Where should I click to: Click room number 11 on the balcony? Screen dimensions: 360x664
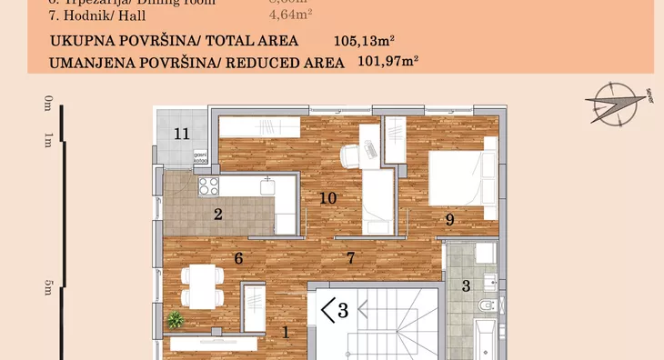182,135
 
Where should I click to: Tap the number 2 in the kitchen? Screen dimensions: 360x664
218,215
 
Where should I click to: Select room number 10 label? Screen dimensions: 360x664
328,197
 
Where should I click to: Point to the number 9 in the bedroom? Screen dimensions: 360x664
449,219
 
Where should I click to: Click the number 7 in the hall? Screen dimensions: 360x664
349,257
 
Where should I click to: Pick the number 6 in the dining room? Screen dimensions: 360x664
238,258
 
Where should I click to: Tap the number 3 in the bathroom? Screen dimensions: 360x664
467,286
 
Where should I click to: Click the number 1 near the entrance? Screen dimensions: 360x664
286,333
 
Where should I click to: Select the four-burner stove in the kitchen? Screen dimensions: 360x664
209,186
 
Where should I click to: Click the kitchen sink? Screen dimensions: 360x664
267,186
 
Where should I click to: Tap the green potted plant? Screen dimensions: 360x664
175,319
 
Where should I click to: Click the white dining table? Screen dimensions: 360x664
199,285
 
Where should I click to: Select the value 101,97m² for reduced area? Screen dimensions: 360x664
382,62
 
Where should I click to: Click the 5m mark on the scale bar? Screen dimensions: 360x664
47,287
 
